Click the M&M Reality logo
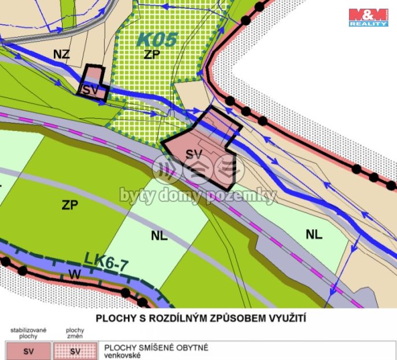coord(368,17)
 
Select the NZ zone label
coord(61,54)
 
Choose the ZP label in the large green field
coord(69,204)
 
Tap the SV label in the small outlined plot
coord(90,90)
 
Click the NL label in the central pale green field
coord(159,236)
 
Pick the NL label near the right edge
coord(314,234)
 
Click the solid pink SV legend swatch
coord(28,351)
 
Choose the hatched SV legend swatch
coord(75,351)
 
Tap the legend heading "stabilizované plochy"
coord(28,333)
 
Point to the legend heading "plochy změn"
coord(75,333)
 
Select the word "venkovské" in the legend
coord(123,355)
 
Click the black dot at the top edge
coord(246,20)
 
